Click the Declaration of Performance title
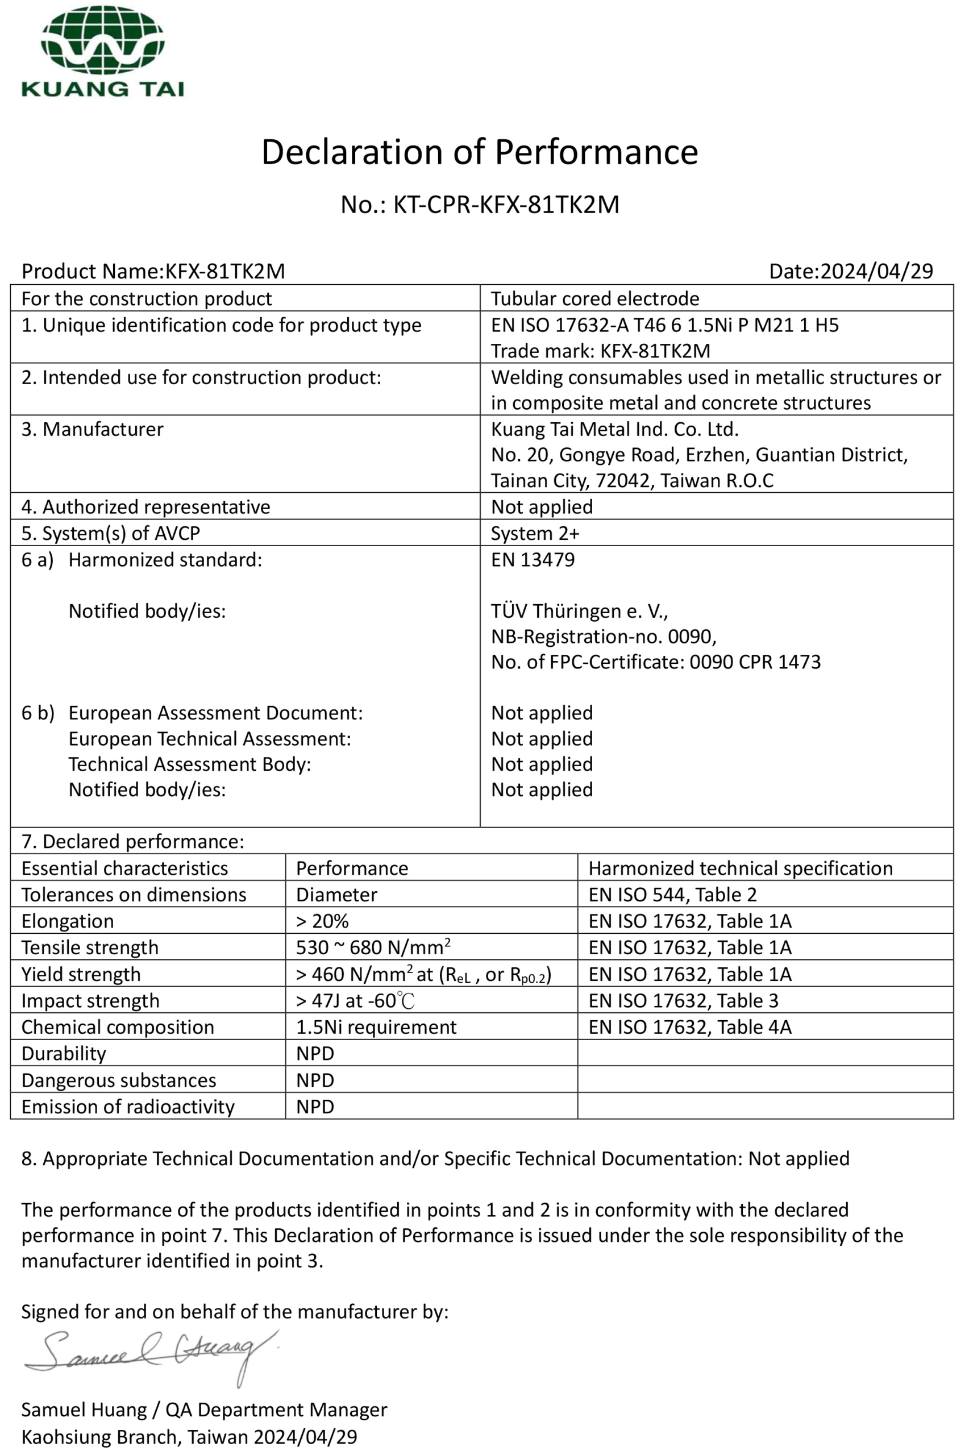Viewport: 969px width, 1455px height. (x=480, y=152)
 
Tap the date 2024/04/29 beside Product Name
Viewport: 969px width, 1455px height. (x=876, y=271)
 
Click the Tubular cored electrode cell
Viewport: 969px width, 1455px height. (x=594, y=299)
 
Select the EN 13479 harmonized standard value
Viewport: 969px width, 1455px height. (x=533, y=560)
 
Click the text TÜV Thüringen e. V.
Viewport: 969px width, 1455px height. (x=579, y=611)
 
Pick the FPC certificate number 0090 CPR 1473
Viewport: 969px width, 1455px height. (x=755, y=662)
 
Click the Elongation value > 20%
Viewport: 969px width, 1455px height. (x=322, y=921)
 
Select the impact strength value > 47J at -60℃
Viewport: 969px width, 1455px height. (x=355, y=1001)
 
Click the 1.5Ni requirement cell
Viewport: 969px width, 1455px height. (x=376, y=1028)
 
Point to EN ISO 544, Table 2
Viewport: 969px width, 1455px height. (x=672, y=895)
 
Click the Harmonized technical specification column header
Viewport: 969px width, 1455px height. (x=741, y=868)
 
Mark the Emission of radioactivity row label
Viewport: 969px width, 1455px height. (x=128, y=1107)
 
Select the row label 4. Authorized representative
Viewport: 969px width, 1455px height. (x=146, y=507)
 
